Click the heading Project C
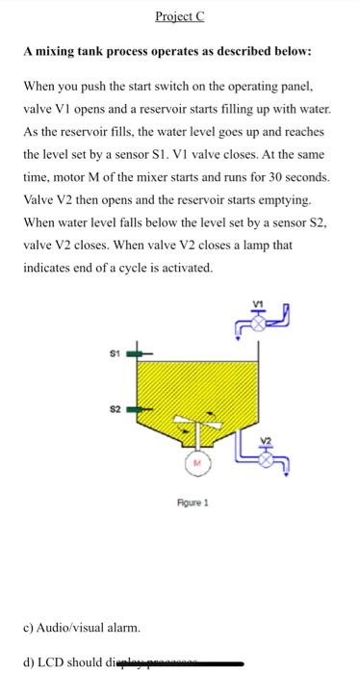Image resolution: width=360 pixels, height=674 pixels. tap(178, 16)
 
